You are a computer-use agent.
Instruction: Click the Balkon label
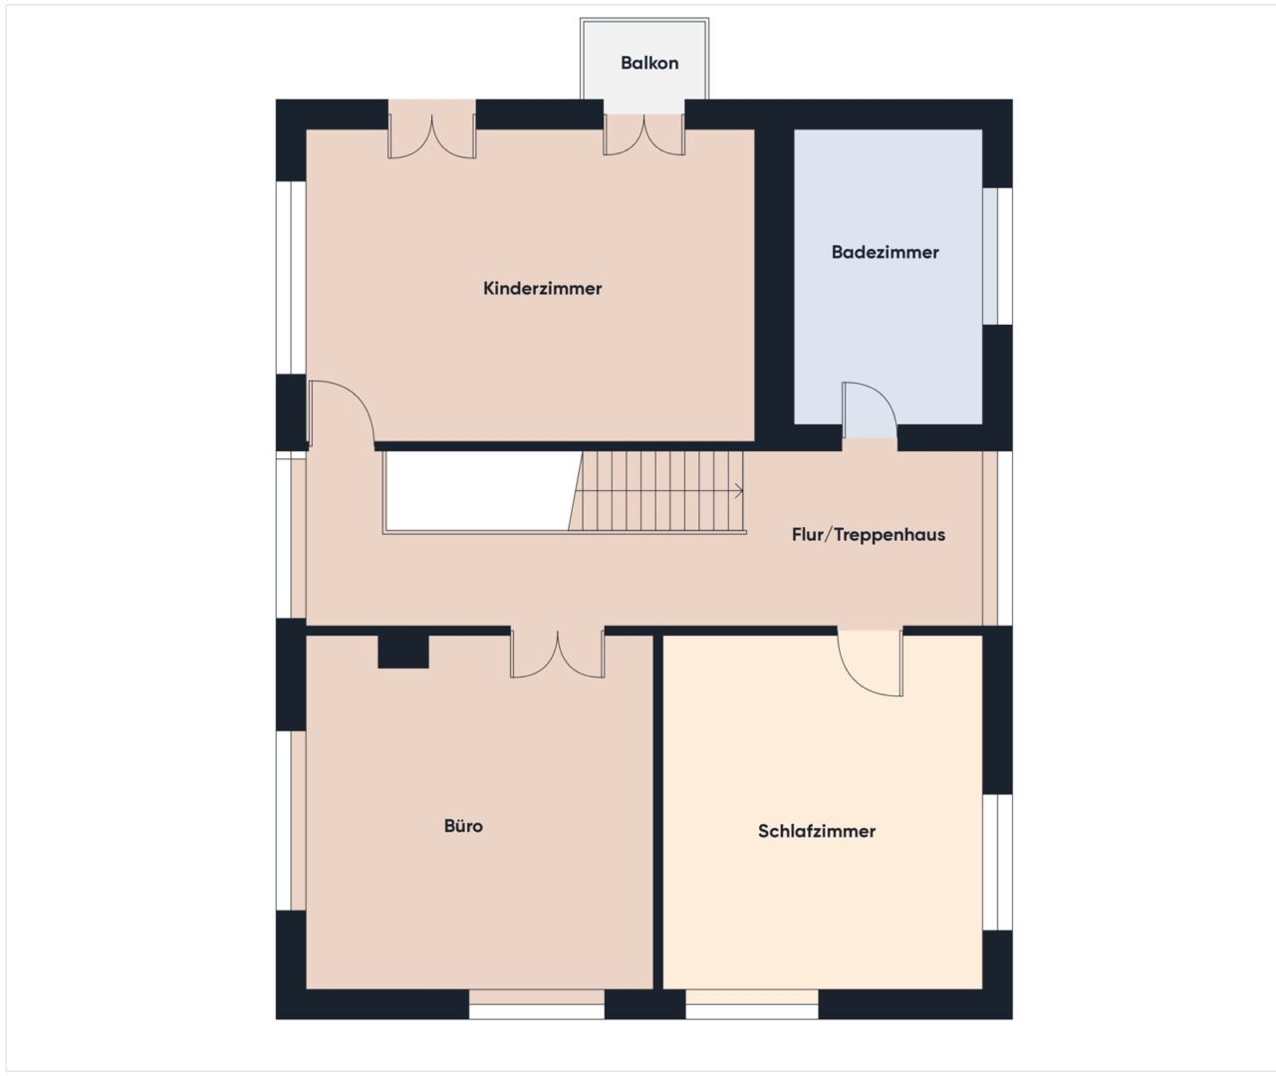649,63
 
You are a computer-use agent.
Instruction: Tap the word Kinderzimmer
542,288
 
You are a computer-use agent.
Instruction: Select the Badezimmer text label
885,252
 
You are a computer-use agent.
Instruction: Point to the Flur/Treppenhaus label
868,534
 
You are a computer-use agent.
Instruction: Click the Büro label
463,826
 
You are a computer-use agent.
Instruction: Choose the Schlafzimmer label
817,831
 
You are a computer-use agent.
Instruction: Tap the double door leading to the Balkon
644,134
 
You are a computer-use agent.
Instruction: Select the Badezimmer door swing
870,410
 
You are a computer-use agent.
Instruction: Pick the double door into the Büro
558,654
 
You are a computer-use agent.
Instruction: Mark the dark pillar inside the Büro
402,652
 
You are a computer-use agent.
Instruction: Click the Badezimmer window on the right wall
997,256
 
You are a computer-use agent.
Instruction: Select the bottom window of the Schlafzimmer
752,1004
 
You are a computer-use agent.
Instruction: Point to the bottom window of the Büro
537,1004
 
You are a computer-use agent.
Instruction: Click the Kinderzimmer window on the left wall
291,278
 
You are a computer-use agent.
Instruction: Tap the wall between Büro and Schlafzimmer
658,812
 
